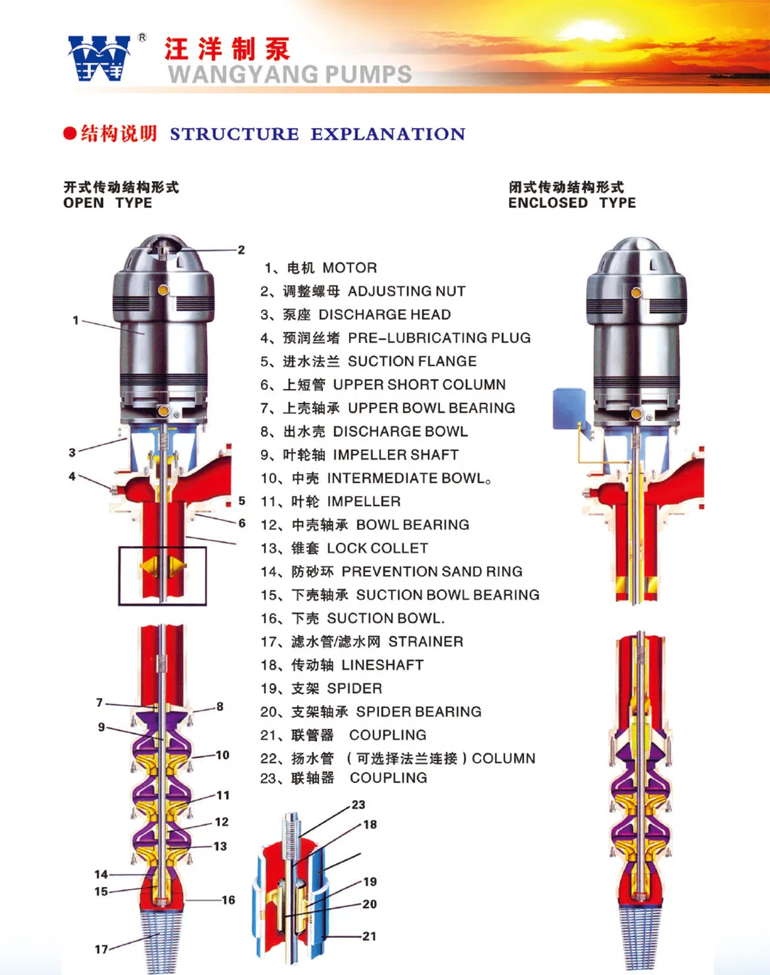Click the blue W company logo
tap(99, 58)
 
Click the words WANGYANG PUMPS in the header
tap(289, 74)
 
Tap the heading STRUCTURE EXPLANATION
tap(317, 134)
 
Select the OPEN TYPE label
tap(108, 203)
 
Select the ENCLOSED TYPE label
tap(572, 203)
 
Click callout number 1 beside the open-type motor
tap(76, 320)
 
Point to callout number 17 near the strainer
tap(101, 949)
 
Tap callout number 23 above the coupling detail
tap(358, 805)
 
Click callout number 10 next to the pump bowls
tap(222, 755)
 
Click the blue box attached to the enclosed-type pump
tap(569, 408)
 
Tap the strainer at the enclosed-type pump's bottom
tap(641, 938)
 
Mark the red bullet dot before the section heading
tap(70, 134)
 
